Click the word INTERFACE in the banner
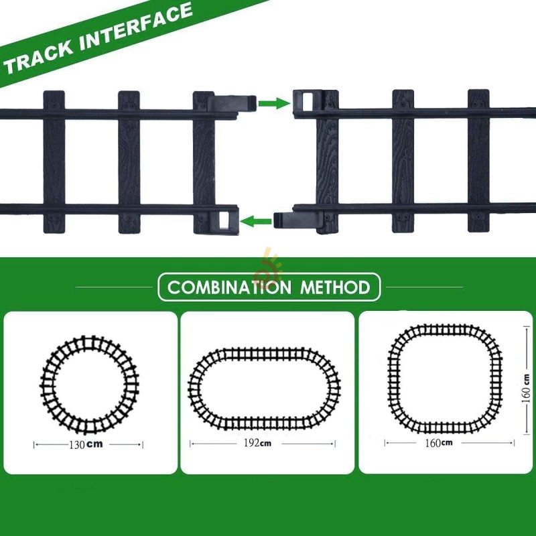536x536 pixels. pyautogui.click(x=134, y=30)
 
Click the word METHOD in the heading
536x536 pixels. pyautogui.click(x=335, y=288)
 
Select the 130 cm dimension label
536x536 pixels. pyautogui.click(x=89, y=444)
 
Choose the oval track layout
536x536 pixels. pyautogui.click(x=264, y=389)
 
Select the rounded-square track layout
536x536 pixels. pyautogui.click(x=446, y=379)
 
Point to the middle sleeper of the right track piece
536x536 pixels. pyautogui.click(x=403, y=161)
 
